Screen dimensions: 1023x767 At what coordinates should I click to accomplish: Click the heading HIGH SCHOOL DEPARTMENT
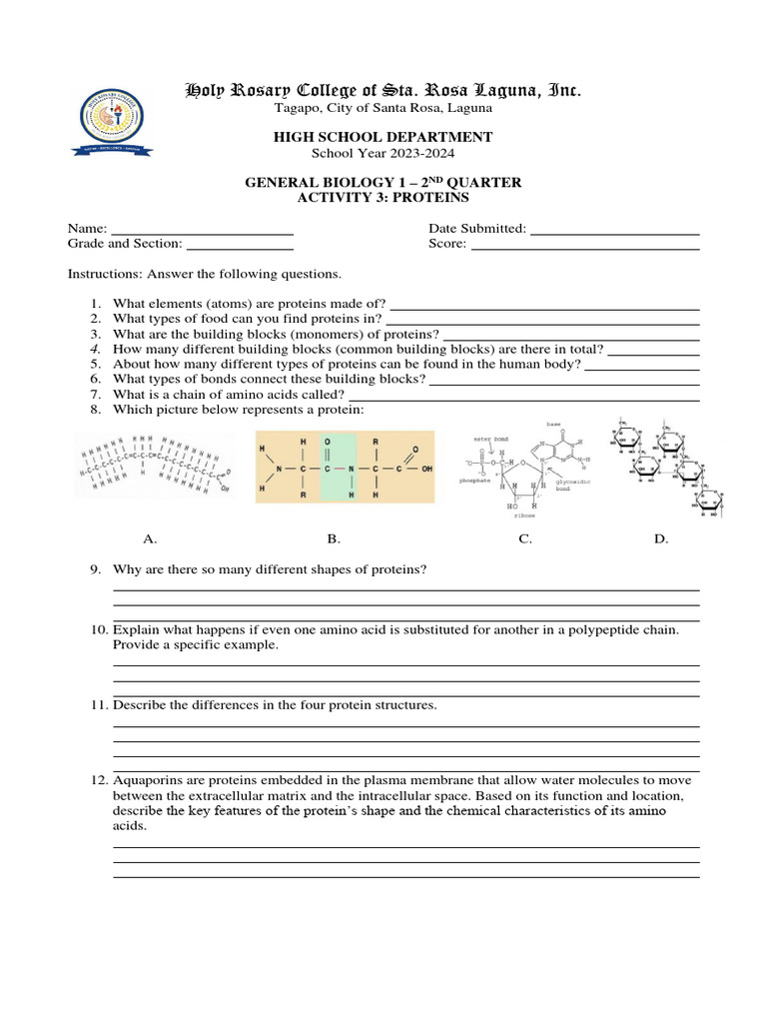pos(383,137)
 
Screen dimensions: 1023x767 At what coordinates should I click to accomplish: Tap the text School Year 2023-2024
pos(383,153)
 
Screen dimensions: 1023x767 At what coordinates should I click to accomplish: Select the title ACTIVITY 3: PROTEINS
pos(383,198)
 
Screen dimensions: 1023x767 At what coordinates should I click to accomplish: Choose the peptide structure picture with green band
pos(345,467)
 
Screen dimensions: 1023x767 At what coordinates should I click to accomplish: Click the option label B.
pos(334,539)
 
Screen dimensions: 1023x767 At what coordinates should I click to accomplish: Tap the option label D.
pos(660,539)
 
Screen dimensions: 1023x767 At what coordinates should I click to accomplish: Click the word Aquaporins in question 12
pos(147,780)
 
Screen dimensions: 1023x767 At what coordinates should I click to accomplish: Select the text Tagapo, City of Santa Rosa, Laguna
pos(383,108)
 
